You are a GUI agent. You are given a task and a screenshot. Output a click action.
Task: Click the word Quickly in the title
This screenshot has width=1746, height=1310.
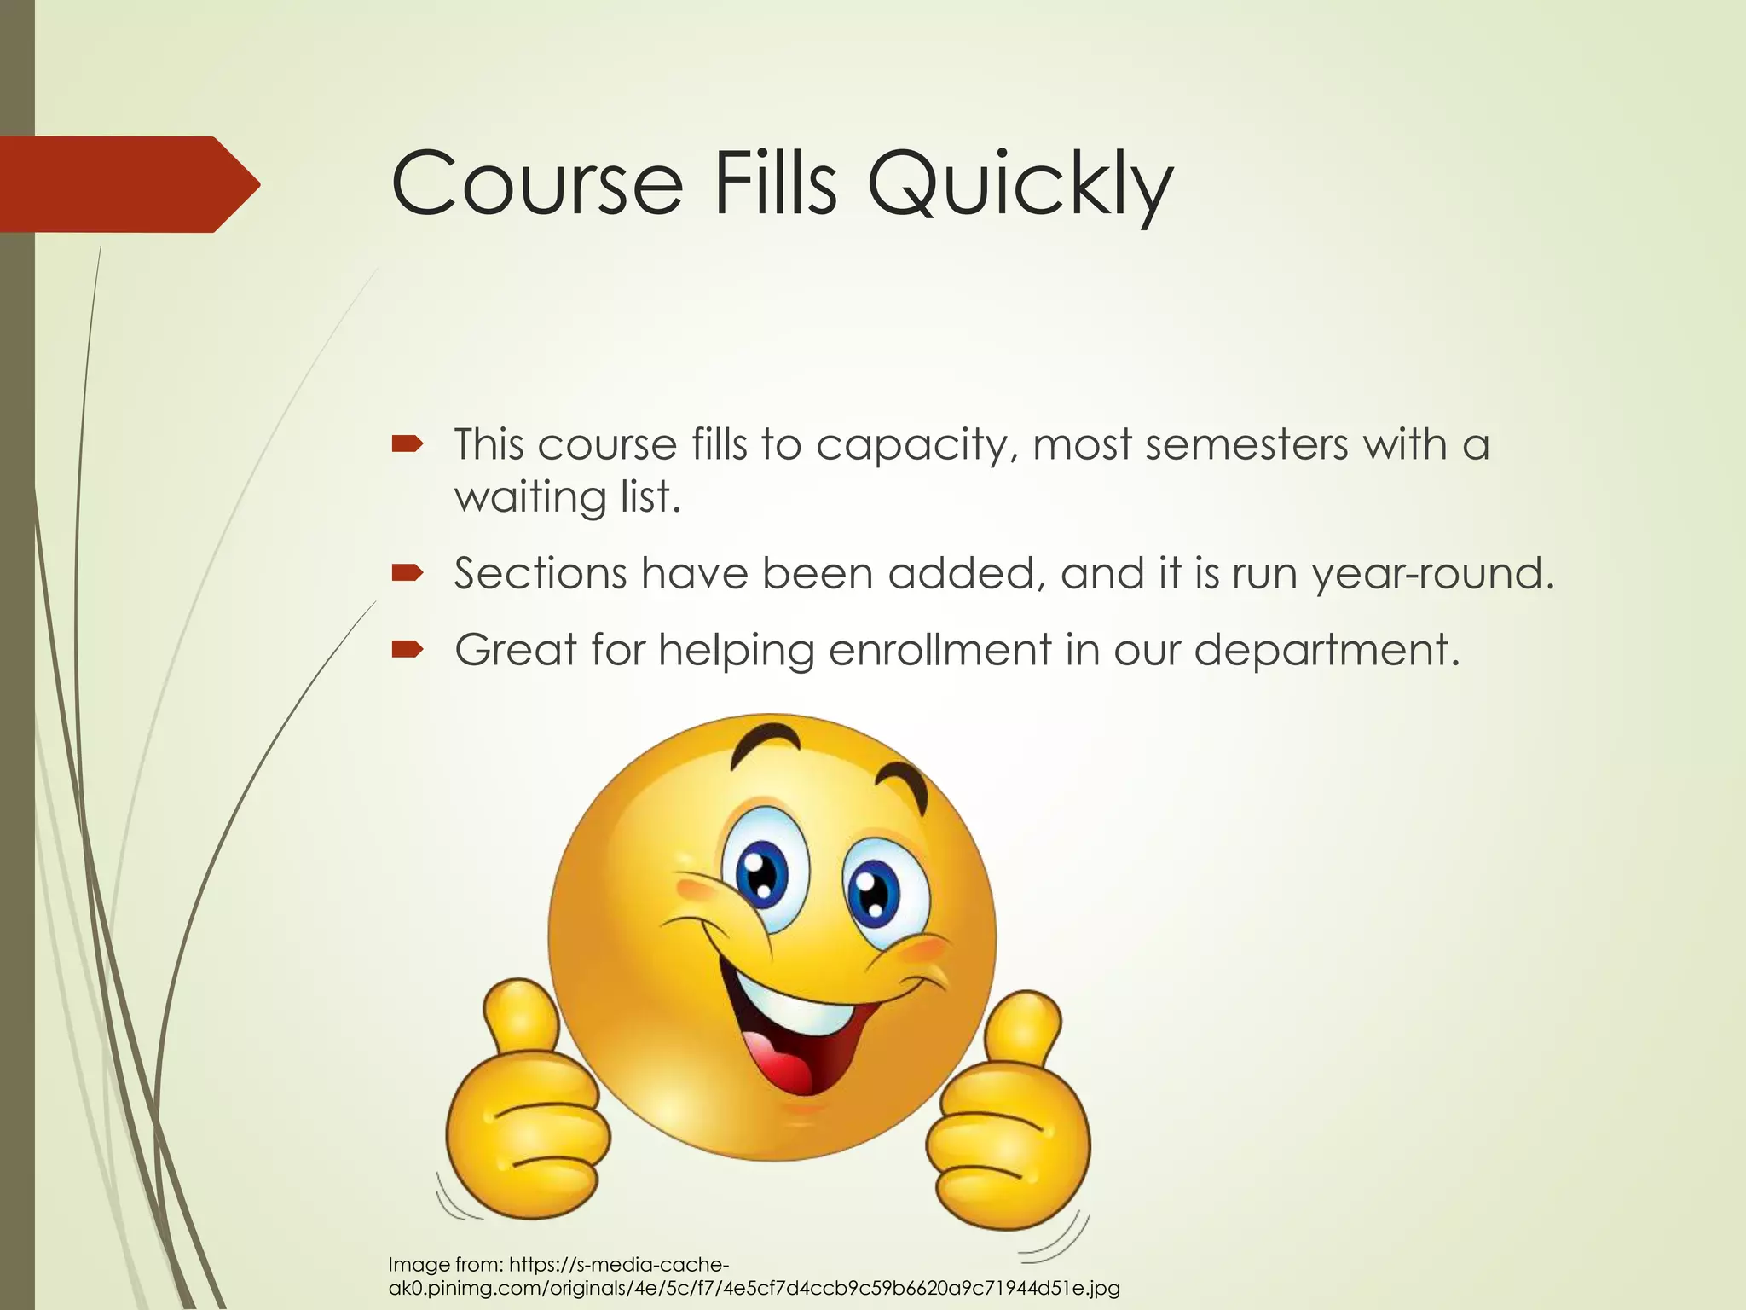(1020, 184)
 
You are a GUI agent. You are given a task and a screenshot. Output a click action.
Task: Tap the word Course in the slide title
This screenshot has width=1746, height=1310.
(537, 184)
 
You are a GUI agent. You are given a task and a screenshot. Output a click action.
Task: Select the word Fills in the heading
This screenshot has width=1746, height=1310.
(775, 183)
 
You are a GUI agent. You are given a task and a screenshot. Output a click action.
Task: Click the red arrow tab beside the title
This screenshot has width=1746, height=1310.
(128, 184)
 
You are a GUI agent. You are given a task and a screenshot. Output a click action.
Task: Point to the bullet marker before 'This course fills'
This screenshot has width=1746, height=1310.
(407, 443)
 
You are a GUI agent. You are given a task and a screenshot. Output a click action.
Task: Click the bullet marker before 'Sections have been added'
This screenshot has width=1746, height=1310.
(407, 572)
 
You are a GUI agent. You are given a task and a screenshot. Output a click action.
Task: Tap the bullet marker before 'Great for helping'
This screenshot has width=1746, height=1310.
(407, 650)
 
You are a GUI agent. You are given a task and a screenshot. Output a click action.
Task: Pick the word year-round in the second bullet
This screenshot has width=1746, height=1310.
(1433, 574)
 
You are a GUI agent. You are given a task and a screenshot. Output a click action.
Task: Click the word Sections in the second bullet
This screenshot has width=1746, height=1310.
(541, 573)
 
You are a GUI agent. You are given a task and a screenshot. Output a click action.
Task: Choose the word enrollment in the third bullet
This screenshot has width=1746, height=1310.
(940, 651)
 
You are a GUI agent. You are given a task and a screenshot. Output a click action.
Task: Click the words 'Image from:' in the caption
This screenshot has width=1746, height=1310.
(445, 1265)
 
